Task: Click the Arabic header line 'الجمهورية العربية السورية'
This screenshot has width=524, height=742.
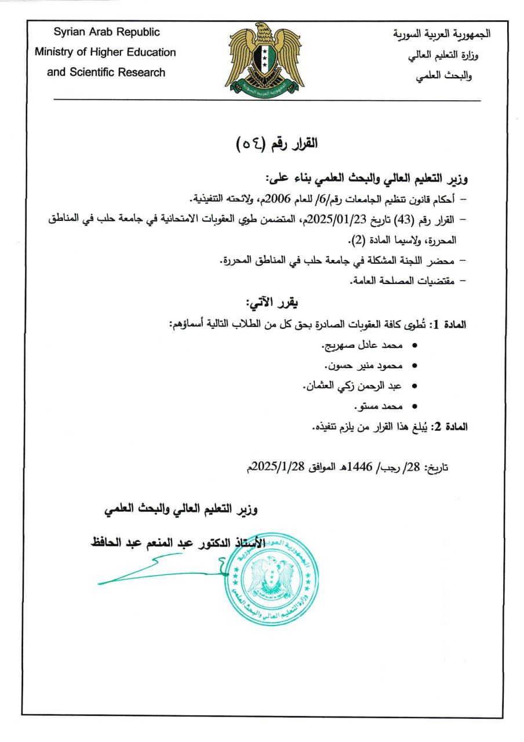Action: pos(441,34)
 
